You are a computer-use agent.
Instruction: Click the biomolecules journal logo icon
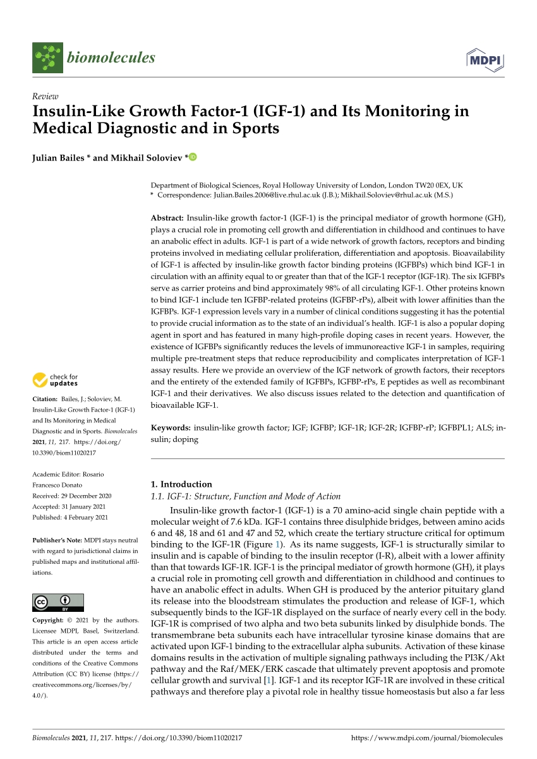[x=48, y=57]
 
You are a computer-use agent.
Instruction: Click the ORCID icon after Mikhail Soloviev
[x=193, y=157]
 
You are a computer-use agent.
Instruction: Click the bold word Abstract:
[x=167, y=217]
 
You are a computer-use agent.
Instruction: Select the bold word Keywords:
[x=171, y=427]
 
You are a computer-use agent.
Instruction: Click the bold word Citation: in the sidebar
[x=47, y=399]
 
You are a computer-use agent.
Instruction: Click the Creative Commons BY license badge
[x=57, y=602]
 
